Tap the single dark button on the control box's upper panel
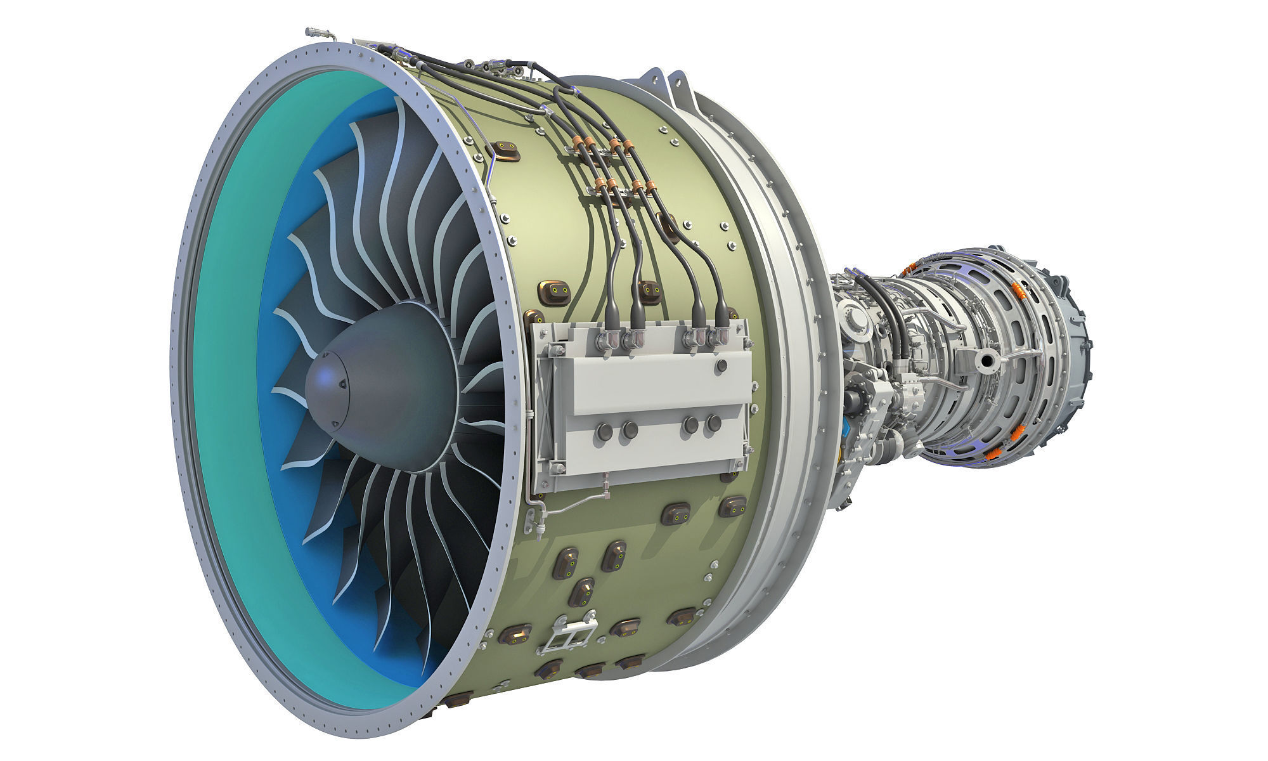721,366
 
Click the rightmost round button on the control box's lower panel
715,423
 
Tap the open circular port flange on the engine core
987,361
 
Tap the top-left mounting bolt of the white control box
556,350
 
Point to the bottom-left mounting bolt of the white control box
557,468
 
